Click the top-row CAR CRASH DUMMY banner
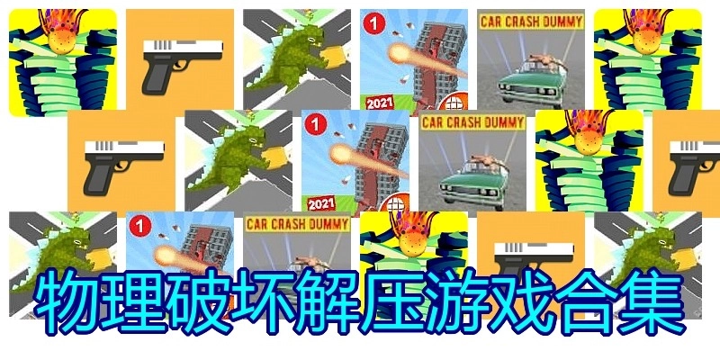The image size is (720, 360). tap(531, 22)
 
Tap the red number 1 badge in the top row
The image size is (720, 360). tap(374, 24)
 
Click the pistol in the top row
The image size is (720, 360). tap(183, 64)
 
